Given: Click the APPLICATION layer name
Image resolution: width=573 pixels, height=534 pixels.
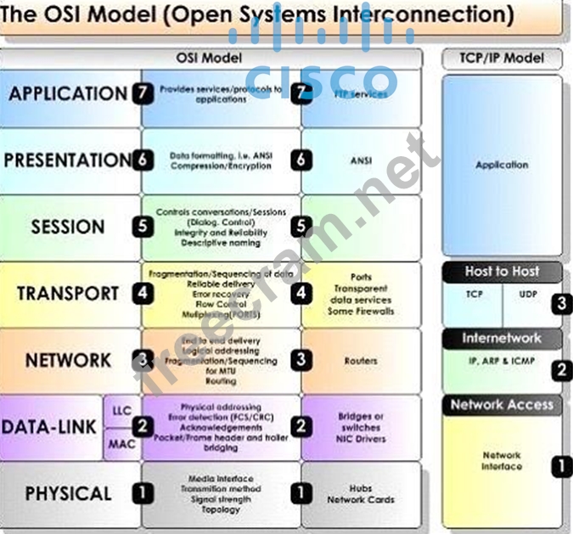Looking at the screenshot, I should point(67,93).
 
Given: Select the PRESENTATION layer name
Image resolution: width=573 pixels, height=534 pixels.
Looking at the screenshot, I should point(67,160).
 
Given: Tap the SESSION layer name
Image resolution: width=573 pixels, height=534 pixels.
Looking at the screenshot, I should point(67,227).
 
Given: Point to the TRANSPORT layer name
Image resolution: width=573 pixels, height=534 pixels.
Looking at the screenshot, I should point(67,294).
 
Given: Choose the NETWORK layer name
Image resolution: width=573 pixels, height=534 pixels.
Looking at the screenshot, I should point(67,360).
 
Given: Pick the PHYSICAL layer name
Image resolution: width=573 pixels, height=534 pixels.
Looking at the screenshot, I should point(67,493).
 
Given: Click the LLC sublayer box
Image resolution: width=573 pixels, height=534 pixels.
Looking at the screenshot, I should point(122,410).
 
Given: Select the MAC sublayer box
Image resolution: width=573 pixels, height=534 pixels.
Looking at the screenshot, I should point(122,442).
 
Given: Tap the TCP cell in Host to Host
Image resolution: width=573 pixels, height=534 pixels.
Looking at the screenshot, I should point(474,295).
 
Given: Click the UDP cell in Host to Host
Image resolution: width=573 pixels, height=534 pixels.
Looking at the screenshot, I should point(528,295).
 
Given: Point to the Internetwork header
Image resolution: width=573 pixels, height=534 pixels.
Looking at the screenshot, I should point(502,338).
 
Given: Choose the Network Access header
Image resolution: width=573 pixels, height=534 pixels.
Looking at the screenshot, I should point(502,404).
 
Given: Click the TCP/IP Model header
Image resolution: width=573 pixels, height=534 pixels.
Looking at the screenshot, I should point(502,59).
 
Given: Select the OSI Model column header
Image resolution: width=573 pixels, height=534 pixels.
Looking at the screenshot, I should point(209,58).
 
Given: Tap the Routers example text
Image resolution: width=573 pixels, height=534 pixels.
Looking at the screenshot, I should point(361,361).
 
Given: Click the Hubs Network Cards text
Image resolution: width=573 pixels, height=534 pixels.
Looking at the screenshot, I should point(361,494).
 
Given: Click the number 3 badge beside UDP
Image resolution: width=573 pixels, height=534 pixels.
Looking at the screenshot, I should point(560,303).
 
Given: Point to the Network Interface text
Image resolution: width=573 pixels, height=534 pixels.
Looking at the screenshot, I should point(502,461).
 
